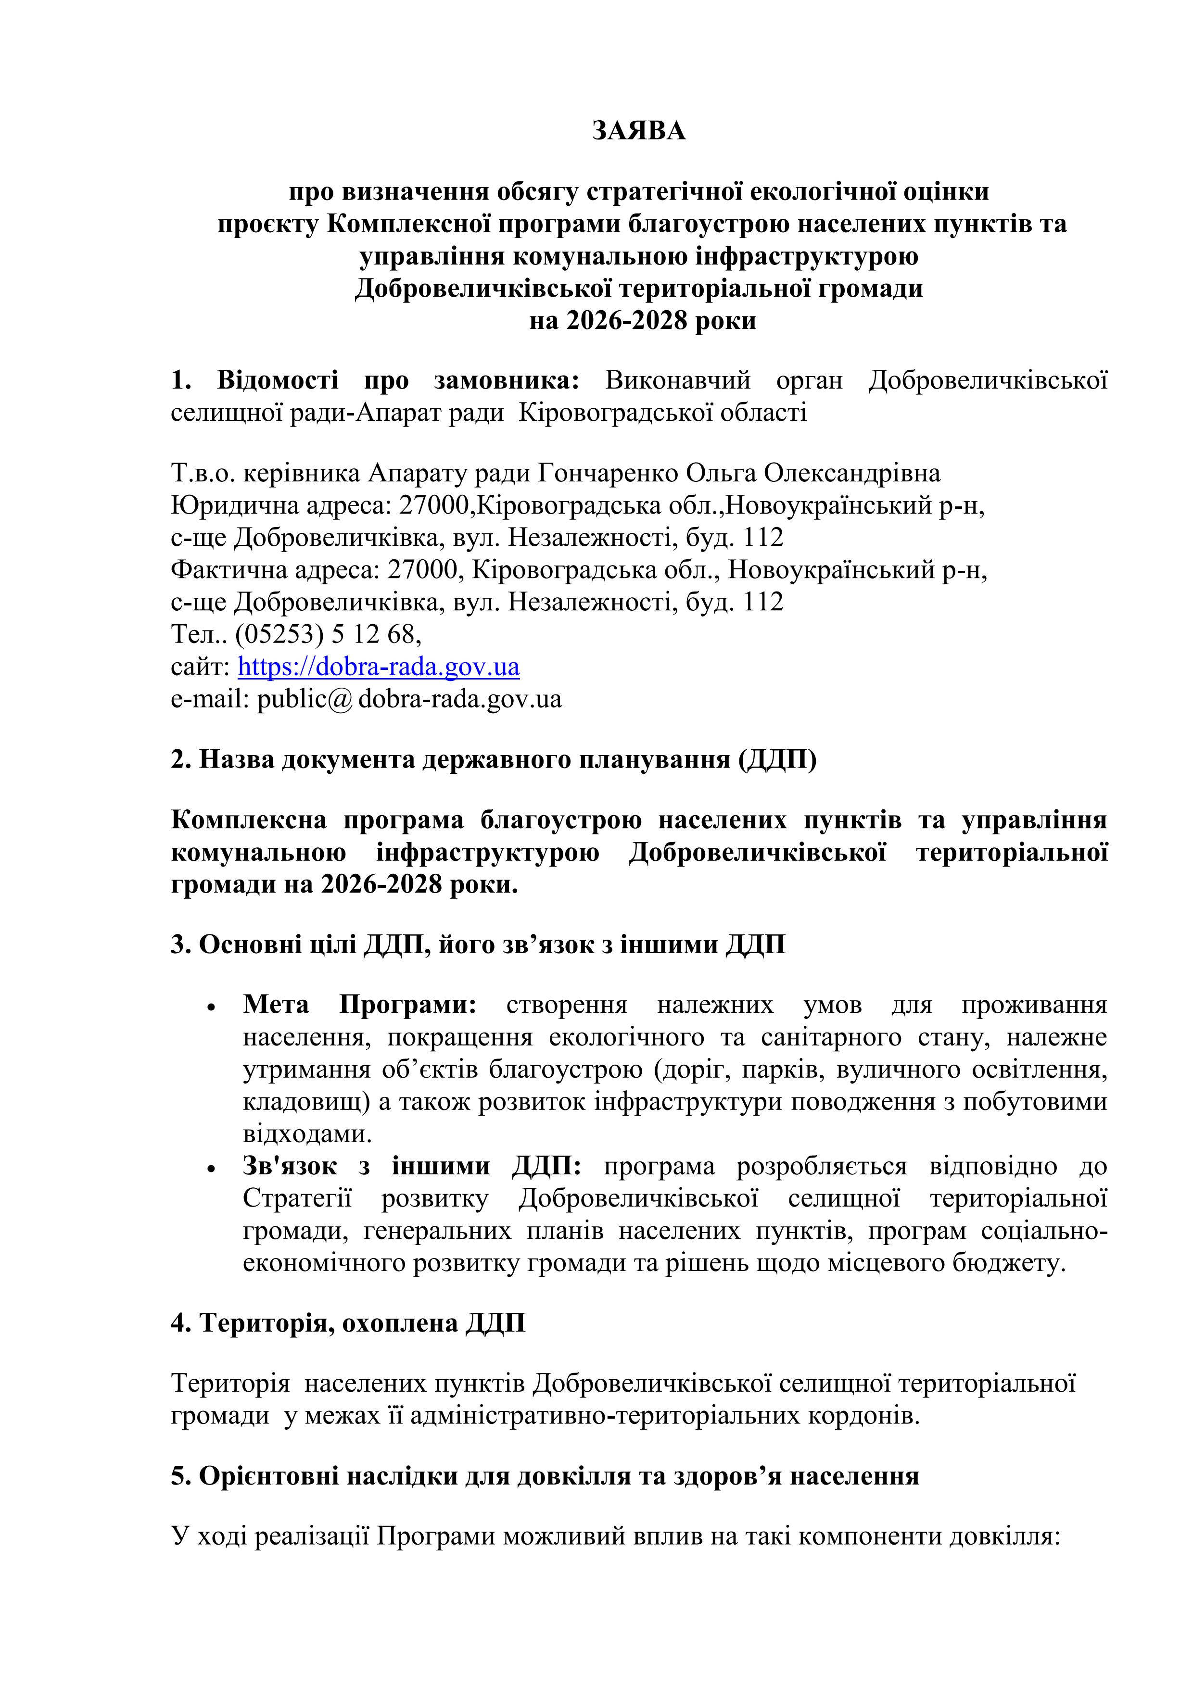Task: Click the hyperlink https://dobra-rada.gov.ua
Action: (x=379, y=667)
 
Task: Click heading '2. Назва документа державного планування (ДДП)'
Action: (x=493, y=759)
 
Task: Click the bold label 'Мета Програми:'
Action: (x=360, y=1005)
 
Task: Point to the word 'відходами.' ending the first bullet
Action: (x=307, y=1134)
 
